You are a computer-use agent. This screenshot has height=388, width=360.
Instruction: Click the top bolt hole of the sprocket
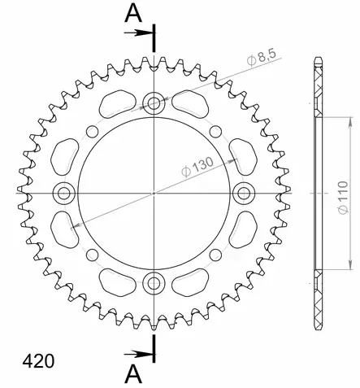pos(153,102)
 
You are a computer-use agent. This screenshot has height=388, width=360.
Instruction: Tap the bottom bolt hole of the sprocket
pos(153,284)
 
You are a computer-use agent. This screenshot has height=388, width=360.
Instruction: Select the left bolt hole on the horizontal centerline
pos(63,193)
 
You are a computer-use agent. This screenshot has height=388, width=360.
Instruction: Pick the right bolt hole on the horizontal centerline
pos(243,193)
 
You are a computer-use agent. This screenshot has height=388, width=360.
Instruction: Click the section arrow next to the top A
pos(140,33)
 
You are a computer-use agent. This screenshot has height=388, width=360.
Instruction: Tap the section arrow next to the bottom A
pos(140,354)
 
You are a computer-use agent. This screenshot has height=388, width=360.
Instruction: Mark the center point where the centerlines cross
pos(153,193)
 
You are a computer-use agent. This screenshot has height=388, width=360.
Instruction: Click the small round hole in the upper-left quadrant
pos(95,129)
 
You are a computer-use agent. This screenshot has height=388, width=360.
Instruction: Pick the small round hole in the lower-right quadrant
pos(211,257)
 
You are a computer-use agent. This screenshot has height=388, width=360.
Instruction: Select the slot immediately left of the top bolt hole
pos(117,105)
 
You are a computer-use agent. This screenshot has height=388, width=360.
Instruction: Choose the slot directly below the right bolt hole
pos(241,231)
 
